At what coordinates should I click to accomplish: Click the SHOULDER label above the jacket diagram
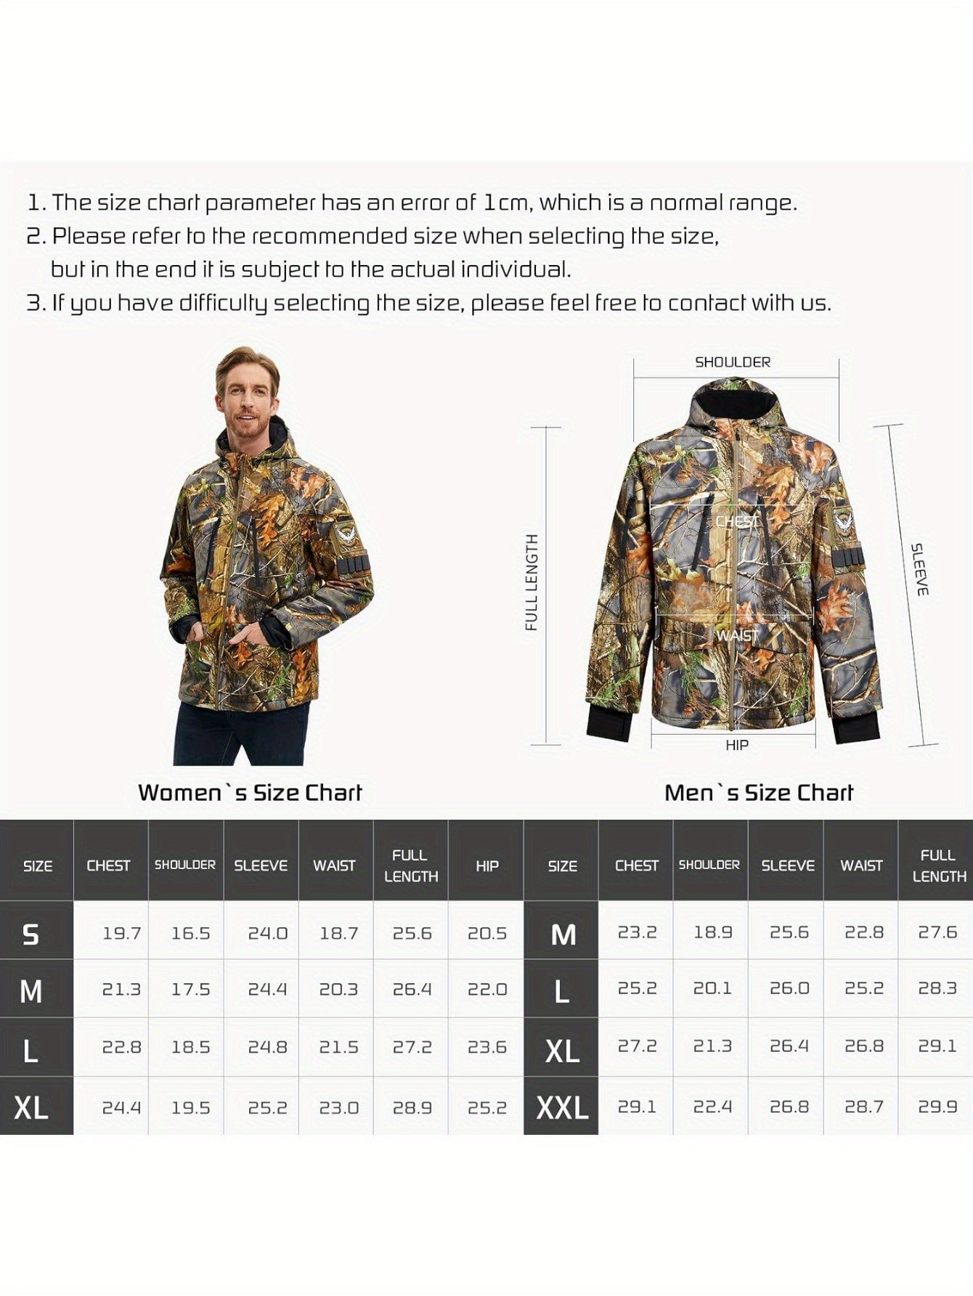point(732,362)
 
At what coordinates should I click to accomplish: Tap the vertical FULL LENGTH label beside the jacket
point(532,582)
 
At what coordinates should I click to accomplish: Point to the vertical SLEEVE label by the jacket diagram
point(920,569)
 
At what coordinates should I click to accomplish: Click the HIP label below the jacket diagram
point(736,745)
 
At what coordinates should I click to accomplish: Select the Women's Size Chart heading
point(250,792)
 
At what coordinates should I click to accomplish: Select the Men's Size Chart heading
point(759,792)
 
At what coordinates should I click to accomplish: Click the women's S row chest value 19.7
point(121,933)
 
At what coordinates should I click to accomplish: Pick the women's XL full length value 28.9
point(412,1108)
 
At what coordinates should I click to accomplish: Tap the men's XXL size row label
point(562,1108)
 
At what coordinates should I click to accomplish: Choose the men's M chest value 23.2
point(637,932)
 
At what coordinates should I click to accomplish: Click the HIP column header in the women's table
point(486,865)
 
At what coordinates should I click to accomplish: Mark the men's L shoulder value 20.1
point(712,989)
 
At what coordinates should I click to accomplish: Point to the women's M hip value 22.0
point(486,990)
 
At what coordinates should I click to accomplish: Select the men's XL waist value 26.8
point(863,1046)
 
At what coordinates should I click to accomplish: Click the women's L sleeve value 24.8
point(267,1048)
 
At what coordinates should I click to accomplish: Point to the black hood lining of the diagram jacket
point(733,404)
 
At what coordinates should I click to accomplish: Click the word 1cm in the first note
point(506,203)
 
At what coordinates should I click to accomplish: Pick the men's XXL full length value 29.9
point(937,1107)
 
